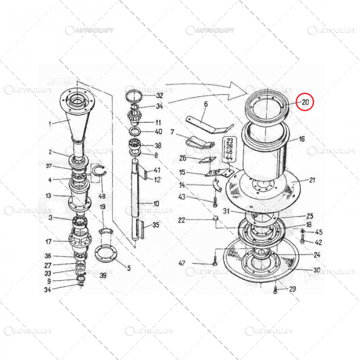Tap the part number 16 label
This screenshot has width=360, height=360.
pos(301,139)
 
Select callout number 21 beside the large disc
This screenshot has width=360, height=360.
pos(312,179)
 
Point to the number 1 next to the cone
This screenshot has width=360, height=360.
pos(50,123)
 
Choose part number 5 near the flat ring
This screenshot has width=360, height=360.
pos(129,267)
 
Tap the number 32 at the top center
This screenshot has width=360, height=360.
pos(159,96)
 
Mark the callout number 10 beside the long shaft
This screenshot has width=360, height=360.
pos(156,204)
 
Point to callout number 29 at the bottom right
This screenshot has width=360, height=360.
pos(292,289)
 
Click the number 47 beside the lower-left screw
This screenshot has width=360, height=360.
pos(182,263)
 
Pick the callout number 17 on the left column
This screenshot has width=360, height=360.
pos(48,241)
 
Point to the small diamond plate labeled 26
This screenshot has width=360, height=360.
pos(207,160)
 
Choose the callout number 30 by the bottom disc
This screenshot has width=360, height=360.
pos(317,269)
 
